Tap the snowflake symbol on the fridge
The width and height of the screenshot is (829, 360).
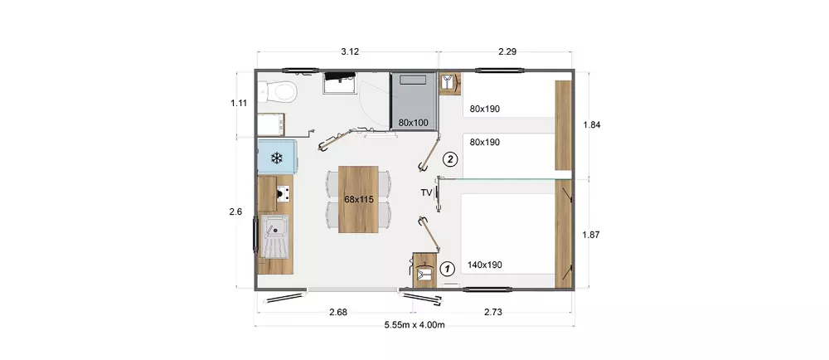275,158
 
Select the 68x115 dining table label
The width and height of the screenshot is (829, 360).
359,200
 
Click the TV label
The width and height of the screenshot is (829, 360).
426,192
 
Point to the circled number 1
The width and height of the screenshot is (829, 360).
448,269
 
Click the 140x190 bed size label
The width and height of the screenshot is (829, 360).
485,265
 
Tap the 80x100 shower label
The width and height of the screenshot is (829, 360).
414,123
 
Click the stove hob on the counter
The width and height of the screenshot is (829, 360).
284,194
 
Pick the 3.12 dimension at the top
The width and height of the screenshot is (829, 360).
350,51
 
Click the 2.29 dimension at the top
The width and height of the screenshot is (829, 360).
507,51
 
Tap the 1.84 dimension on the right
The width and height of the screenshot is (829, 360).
591,124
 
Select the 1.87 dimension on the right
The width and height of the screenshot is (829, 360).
591,236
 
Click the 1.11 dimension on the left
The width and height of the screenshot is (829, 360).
239,103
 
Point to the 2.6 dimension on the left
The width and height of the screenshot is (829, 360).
235,212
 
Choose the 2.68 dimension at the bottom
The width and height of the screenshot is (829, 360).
338,312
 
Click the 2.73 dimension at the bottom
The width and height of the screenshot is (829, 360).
492,312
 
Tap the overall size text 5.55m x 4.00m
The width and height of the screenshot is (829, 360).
414,324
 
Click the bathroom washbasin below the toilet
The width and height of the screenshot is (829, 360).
271,125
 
